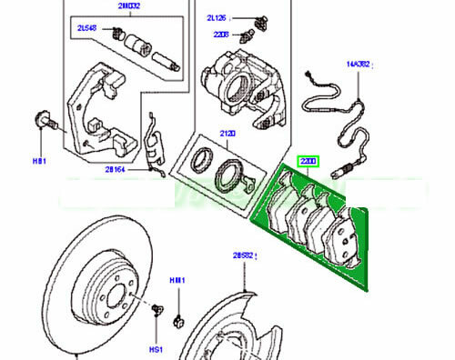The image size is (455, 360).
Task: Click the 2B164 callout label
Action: pyautogui.click(x=115, y=169)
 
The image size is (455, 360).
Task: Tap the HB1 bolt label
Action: pyautogui.click(x=38, y=161)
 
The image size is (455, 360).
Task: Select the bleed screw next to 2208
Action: pyautogui.click(x=246, y=35)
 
